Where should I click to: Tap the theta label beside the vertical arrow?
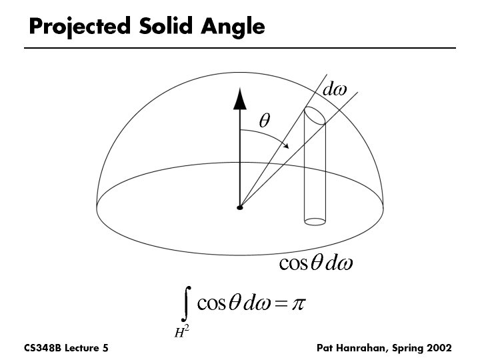click(264, 120)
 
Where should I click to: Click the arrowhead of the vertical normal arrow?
click(239, 99)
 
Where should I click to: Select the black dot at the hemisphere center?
click(239, 208)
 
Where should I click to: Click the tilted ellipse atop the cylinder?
click(315, 115)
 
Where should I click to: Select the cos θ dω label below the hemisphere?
click(315, 263)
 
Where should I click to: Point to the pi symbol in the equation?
click(296, 305)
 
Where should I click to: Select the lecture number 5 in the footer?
click(105, 349)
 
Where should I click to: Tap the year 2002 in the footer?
click(439, 349)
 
